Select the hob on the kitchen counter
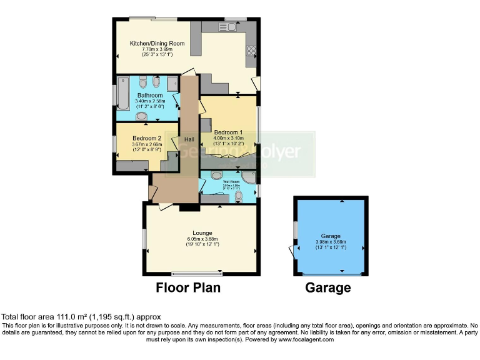click(x=252, y=49)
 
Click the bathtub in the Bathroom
click(x=122, y=94)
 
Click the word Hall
click(x=189, y=139)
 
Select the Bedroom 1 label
click(x=228, y=132)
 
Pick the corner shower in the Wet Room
click(x=249, y=177)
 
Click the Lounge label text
click(x=201, y=232)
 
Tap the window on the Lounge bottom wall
click(x=197, y=273)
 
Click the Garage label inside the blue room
click(x=331, y=236)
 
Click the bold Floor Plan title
click(x=187, y=288)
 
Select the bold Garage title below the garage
click(x=327, y=288)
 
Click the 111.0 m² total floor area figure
click(x=69, y=317)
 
